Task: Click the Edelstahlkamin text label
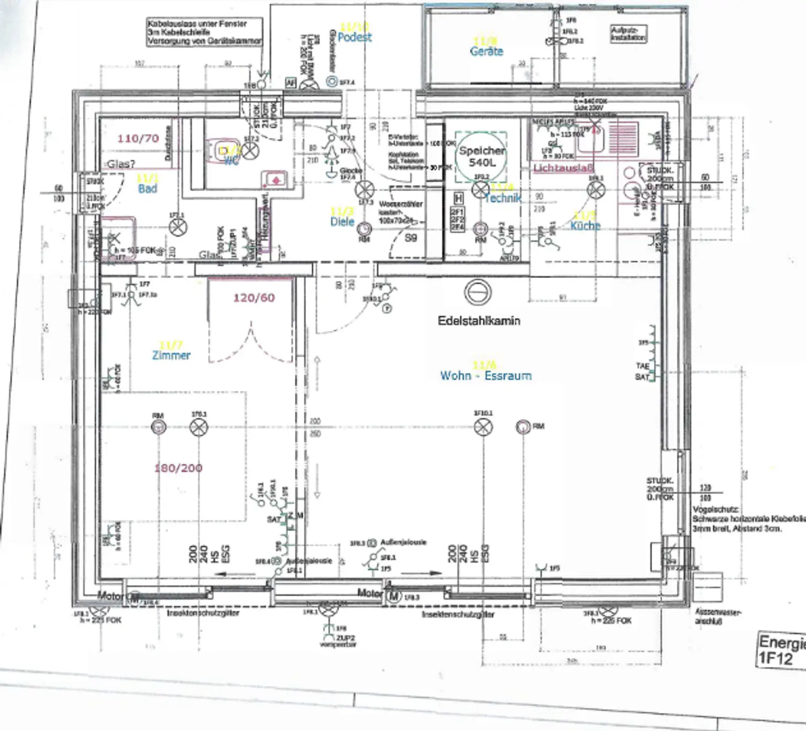479,320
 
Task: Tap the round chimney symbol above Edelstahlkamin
478,292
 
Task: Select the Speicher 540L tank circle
481,156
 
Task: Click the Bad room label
147,189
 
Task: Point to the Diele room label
342,222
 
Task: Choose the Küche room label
585,225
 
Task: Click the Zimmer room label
171,355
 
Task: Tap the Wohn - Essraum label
485,375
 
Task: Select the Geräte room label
486,51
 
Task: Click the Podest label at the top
355,37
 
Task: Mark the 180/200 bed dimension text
178,468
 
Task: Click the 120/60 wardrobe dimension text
254,298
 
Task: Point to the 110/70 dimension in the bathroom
138,139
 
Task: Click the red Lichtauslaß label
563,168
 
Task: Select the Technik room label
503,198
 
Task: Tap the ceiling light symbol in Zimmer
198,427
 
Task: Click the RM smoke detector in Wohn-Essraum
523,426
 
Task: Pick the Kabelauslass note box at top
204,32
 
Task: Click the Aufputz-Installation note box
628,34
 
